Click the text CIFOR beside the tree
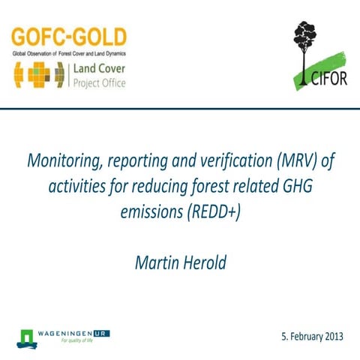pos(328,79)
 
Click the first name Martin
pos(155,262)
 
